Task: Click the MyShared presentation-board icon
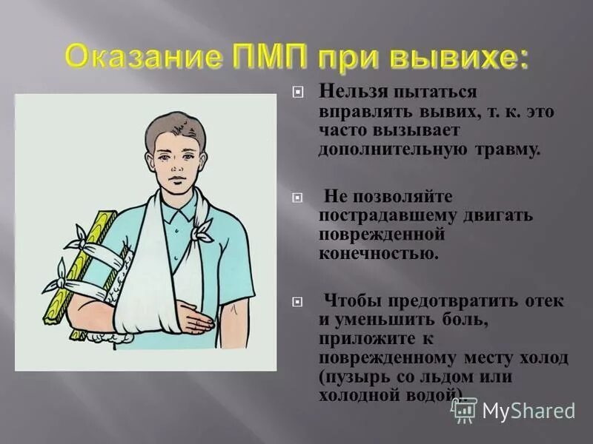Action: pos(464,409)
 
